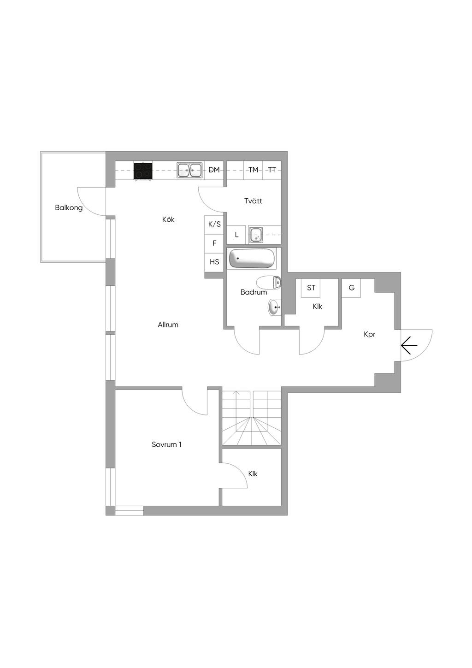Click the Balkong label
69,208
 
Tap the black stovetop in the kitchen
143,171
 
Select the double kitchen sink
189,171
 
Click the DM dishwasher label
214,170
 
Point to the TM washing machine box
253,170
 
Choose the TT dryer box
271,170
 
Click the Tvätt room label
253,201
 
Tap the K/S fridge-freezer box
214,224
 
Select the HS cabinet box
214,262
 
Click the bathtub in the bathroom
252,258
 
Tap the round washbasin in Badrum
274,307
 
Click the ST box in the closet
311,288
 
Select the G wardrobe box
351,288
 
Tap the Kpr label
369,335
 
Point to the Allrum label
168,325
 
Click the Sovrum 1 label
166,444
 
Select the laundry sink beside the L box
255,235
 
